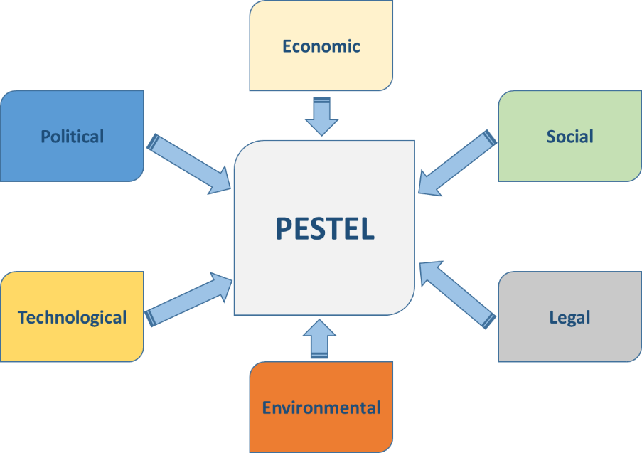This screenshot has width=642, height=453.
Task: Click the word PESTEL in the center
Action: [324, 228]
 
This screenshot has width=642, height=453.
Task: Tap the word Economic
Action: [321, 47]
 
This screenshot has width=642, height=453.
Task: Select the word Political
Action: [73, 136]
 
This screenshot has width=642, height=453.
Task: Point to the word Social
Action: [569, 136]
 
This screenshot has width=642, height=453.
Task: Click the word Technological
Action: [73, 317]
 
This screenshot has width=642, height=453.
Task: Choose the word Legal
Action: [569, 317]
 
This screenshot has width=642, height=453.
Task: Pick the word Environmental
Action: [321, 407]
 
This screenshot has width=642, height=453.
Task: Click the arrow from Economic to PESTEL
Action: [321, 117]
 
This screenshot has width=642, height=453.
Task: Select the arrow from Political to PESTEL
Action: [189, 164]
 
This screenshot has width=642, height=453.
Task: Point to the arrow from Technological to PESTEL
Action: [189, 299]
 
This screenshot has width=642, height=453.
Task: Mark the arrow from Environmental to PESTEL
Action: [321, 340]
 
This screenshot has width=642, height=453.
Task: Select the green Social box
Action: [569, 160]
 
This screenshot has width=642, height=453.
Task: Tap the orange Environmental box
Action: [321, 430]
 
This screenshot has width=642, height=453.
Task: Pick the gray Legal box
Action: [569, 341]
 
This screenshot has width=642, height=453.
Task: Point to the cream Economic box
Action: [321, 71]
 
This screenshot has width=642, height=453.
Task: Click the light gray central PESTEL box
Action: [324, 277]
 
